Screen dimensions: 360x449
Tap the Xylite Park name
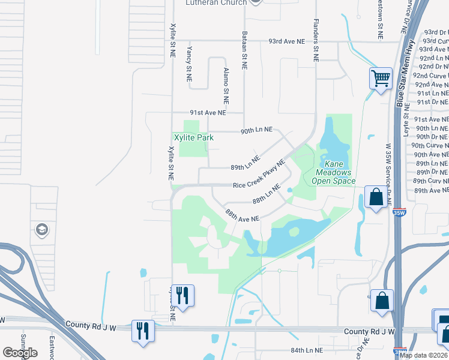pos(194,137)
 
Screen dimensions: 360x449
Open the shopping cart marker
pos(380,78)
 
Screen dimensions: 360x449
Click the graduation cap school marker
pos(41,229)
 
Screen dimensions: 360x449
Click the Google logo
pos(20,353)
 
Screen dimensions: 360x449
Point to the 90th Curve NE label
pos(430,145)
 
